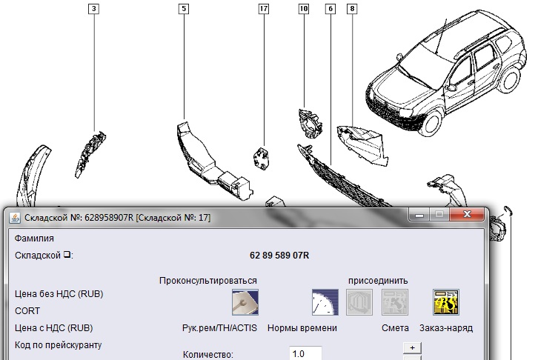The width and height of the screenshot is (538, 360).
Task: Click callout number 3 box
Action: tap(93, 9)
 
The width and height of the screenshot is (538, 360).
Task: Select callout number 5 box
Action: tap(184, 9)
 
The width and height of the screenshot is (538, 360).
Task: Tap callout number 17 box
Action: tap(264, 9)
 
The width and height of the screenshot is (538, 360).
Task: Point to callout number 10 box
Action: tap(304, 9)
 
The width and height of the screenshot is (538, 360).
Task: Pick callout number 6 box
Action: tap(331, 9)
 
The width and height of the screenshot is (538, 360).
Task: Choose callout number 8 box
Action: tap(352, 9)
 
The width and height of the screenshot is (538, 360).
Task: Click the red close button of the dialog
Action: tap(467, 214)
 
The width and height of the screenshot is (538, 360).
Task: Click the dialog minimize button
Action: tap(419, 215)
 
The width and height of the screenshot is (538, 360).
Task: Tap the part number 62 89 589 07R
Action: tap(279, 256)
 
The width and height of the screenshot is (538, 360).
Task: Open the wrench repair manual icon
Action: tap(245, 302)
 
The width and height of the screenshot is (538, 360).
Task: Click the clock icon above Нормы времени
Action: tap(325, 302)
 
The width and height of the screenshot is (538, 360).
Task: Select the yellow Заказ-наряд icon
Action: tap(446, 302)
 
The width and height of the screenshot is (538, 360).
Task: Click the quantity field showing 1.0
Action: tap(305, 353)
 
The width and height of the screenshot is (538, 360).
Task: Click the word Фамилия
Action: tap(34, 239)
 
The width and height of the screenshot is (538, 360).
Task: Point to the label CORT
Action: tap(27, 311)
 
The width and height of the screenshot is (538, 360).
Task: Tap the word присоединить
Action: tap(378, 281)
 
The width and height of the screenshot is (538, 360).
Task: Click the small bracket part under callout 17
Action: tap(262, 159)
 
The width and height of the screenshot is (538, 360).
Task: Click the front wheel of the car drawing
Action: tap(431, 123)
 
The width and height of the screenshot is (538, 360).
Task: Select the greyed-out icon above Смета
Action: tap(395, 302)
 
